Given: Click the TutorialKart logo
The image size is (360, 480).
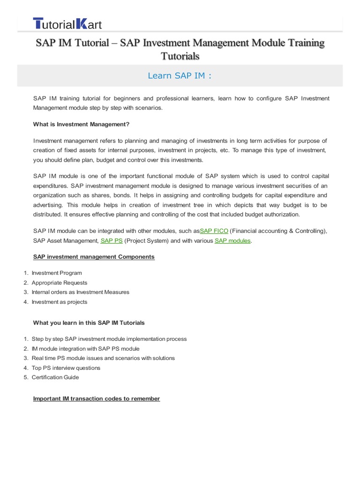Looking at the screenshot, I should [67, 24].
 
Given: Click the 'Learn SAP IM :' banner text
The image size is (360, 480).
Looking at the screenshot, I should [180, 75].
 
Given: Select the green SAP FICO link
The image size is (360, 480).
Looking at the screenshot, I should [214, 231].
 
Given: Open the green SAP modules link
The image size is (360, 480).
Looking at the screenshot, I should [233, 240].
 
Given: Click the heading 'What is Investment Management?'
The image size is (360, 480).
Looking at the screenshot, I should [81, 124].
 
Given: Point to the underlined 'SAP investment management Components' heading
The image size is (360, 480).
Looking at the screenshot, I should [94, 257].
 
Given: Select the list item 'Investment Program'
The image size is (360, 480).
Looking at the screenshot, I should [57, 273].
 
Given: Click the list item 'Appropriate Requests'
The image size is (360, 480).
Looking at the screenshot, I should [60, 283].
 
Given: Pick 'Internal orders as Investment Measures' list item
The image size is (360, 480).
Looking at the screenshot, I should [81, 292].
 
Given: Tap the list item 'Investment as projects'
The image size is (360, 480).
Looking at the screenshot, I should [60, 302].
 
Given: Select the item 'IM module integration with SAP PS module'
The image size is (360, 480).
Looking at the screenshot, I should [86, 348].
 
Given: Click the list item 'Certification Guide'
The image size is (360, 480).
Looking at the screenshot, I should [55, 377].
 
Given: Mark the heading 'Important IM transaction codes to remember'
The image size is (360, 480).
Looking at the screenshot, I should [97, 398].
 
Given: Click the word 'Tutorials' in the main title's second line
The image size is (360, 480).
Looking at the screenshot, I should [180, 56].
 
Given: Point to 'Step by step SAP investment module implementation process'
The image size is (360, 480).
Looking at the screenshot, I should [109, 339].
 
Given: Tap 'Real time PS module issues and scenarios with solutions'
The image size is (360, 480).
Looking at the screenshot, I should [103, 358].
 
